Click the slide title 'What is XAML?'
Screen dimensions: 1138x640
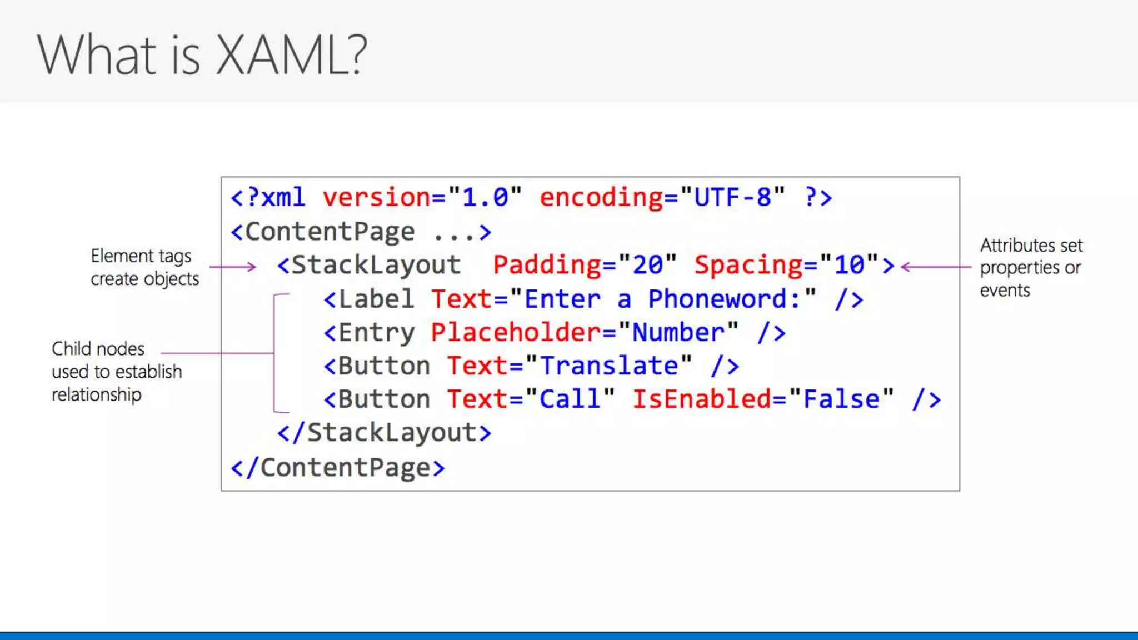[202, 54]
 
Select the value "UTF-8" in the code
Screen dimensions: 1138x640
[732, 198]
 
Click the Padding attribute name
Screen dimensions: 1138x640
[547, 265]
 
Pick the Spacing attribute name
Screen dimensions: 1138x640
[748, 265]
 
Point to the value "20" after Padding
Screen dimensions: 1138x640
[647, 265]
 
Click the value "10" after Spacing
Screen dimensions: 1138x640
[848, 265]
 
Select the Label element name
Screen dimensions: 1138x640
[376, 299]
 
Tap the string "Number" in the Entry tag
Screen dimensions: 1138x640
[678, 333]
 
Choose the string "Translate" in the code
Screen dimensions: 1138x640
[608, 366]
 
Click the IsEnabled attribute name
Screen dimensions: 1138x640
[701, 399]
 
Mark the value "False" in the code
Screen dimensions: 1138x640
[841, 399]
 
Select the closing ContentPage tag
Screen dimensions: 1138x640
[338, 468]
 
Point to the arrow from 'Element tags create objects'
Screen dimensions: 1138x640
[232, 267]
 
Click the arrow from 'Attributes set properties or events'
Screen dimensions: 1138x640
[936, 267]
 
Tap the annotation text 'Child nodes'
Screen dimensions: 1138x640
[98, 349]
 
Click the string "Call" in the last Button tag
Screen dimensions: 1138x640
[570, 399]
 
